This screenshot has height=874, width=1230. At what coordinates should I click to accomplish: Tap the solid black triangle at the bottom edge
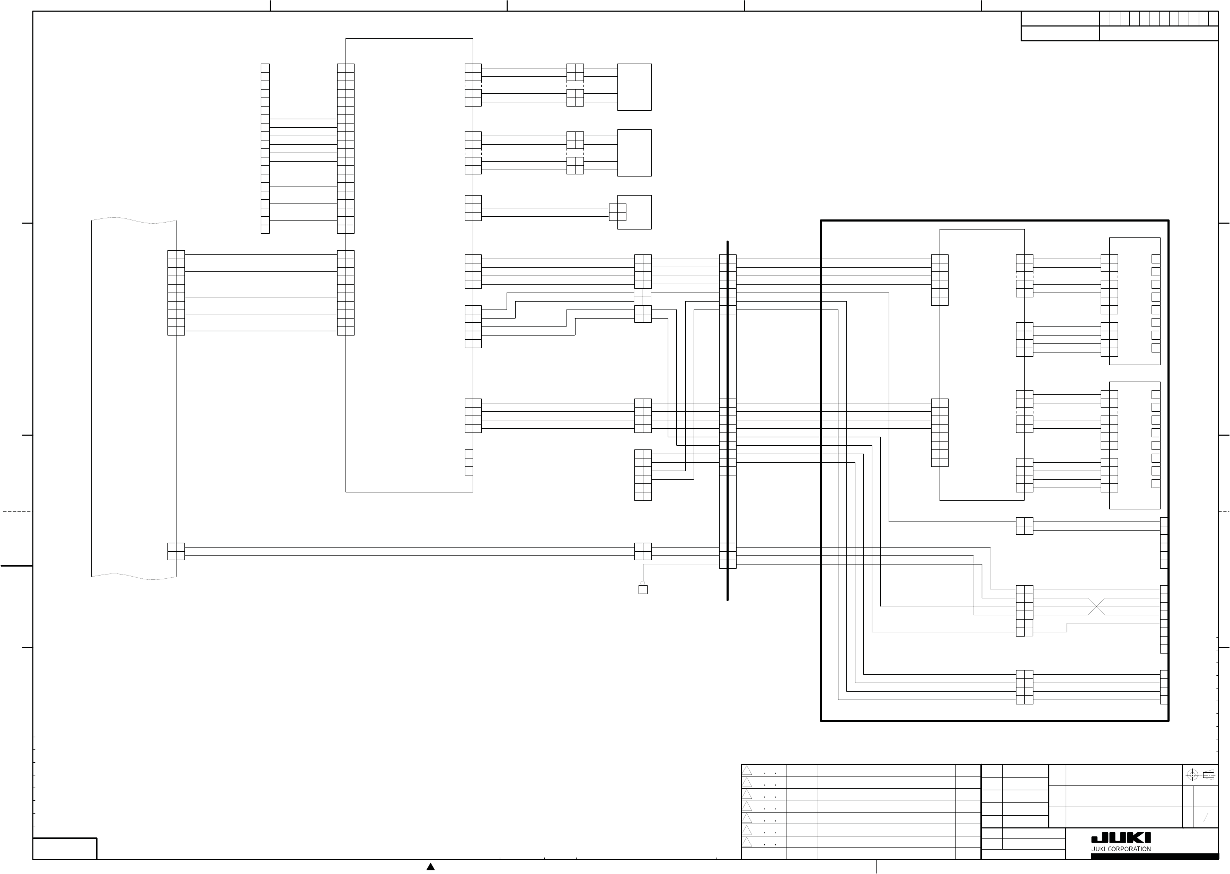click(x=430, y=867)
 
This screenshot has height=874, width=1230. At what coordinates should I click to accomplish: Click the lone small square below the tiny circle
click(x=642, y=589)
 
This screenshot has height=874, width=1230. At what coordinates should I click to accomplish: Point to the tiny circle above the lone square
click(x=642, y=583)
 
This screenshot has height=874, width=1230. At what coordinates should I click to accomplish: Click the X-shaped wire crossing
click(x=1096, y=606)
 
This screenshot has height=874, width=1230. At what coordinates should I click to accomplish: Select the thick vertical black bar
click(x=728, y=420)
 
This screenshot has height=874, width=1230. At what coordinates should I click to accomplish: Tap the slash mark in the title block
click(x=1206, y=817)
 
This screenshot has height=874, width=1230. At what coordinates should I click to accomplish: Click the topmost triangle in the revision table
click(x=747, y=771)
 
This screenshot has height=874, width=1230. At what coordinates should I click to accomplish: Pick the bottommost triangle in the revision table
click(x=747, y=842)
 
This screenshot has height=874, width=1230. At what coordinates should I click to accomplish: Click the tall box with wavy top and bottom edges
click(x=134, y=398)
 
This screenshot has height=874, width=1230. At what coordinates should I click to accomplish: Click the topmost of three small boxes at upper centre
click(x=634, y=87)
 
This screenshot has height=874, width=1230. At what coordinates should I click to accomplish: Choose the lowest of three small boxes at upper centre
click(x=634, y=212)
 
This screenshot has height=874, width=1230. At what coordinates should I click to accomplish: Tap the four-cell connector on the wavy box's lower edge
click(x=176, y=551)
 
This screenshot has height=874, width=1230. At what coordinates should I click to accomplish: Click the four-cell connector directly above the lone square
click(x=642, y=551)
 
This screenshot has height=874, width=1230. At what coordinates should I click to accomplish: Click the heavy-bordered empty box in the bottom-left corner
click(x=65, y=849)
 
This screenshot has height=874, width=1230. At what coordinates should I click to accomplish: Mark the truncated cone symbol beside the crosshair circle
click(x=1208, y=775)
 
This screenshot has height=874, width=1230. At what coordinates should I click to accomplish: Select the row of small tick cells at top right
click(x=1158, y=19)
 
